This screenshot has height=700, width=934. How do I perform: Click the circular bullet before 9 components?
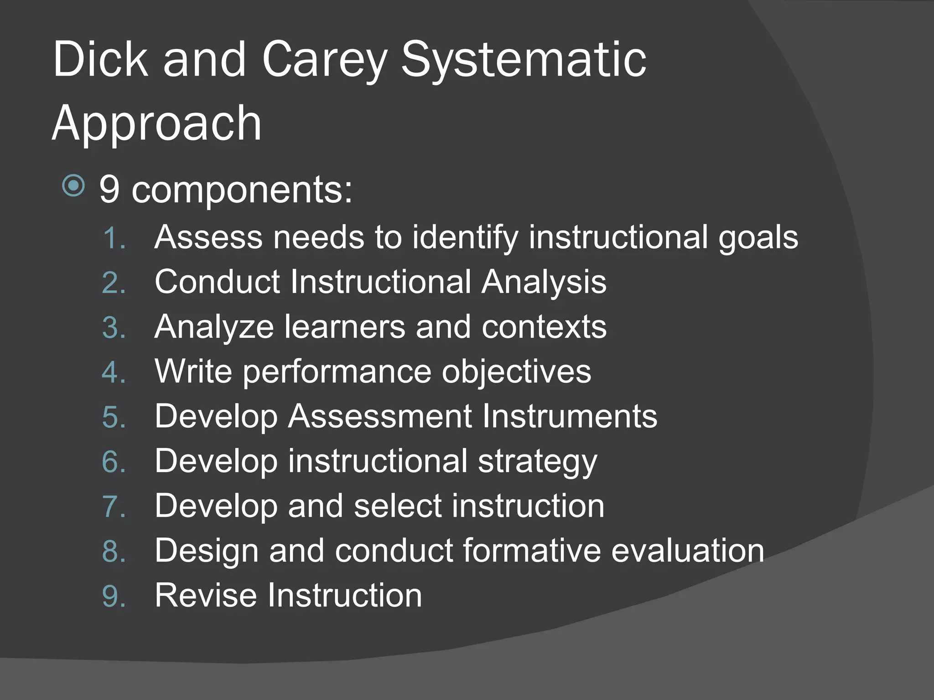coord(73,185)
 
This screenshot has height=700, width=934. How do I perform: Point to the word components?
coord(242,190)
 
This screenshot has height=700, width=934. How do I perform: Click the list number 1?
coord(114,238)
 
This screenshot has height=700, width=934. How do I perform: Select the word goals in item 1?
coord(758,238)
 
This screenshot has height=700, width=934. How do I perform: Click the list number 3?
coord(114,327)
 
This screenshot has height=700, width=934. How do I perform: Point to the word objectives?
coord(516,371)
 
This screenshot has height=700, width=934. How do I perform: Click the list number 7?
coord(114,506)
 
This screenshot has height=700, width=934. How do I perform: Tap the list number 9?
coord(114,596)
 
